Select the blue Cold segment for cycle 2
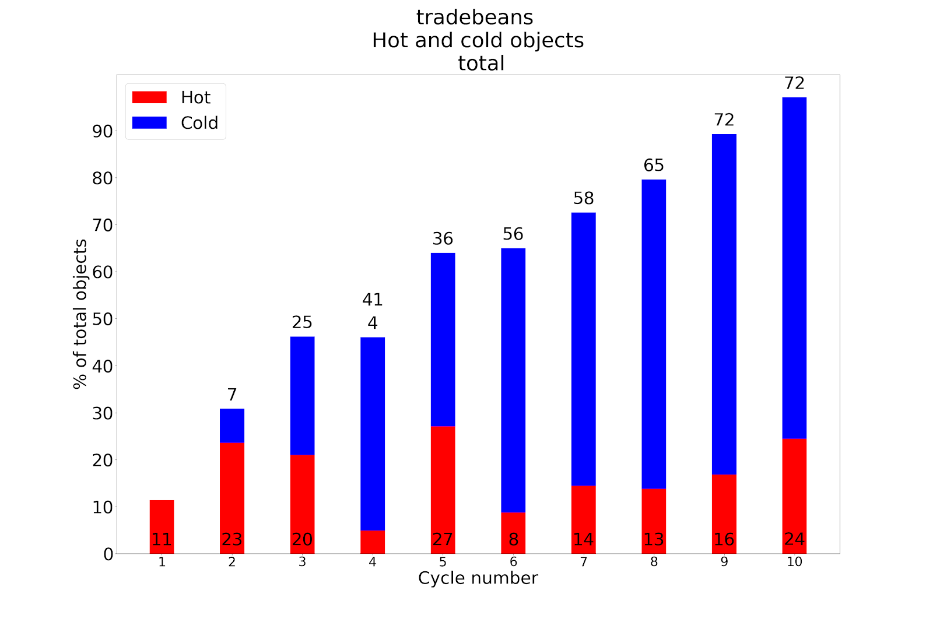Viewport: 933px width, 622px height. [232, 426]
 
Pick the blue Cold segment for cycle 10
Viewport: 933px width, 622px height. [794, 268]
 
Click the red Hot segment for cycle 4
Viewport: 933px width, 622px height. [373, 542]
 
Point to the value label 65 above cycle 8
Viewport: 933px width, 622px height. [654, 166]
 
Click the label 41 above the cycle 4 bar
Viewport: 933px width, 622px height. [373, 300]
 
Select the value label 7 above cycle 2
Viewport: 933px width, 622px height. [232, 395]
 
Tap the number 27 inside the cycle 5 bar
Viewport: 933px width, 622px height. [443, 540]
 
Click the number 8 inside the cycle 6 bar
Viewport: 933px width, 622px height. [513, 540]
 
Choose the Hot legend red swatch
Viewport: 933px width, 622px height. [149, 97]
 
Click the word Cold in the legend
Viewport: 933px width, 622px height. [199, 123]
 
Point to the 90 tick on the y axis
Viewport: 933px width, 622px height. [103, 132]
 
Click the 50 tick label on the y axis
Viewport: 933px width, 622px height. [103, 319]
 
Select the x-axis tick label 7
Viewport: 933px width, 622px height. [584, 562]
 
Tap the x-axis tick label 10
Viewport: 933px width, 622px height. [794, 562]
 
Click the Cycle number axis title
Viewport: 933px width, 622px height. [478, 578]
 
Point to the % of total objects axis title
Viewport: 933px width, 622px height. [80, 314]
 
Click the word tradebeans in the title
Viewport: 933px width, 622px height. [475, 17]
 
